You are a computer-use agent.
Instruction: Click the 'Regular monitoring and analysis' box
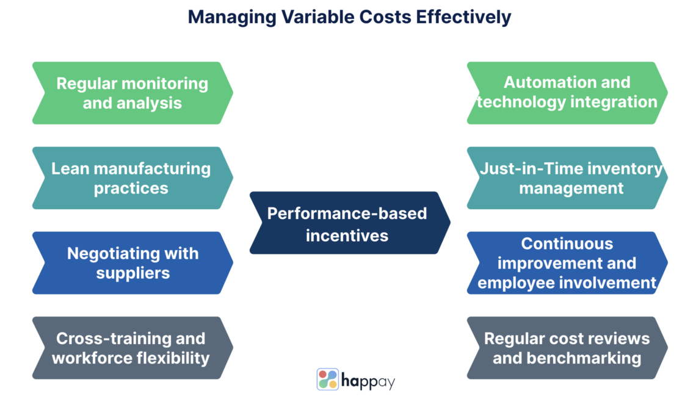tap(132, 93)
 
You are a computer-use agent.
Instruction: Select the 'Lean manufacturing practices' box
tap(132, 178)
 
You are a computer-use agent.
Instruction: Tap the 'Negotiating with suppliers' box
tap(132, 262)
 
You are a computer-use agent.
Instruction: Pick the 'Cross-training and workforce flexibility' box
tap(132, 347)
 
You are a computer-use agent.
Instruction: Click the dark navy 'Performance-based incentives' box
tap(348, 223)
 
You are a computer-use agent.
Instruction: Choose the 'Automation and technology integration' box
tap(567, 93)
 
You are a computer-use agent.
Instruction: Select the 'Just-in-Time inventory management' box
tap(567, 178)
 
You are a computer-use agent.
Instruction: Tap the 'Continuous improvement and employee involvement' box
tap(567, 262)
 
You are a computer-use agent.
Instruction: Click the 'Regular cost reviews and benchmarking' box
tap(567, 347)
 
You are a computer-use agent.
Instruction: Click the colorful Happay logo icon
tap(328, 379)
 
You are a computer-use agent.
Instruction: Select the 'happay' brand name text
tap(368, 381)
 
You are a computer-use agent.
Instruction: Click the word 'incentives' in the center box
tap(347, 235)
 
